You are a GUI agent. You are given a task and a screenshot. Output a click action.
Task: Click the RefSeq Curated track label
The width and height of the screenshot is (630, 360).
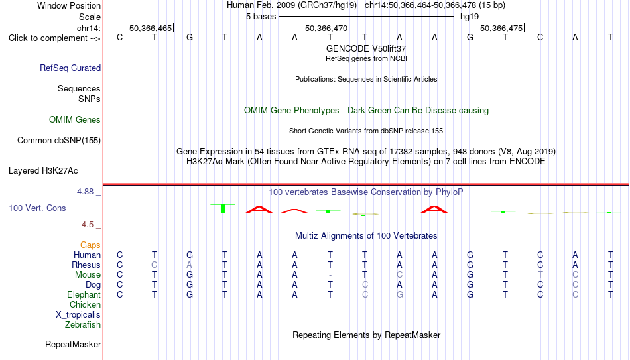(x=70, y=68)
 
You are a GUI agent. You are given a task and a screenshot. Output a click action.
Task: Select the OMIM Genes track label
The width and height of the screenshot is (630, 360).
(x=75, y=120)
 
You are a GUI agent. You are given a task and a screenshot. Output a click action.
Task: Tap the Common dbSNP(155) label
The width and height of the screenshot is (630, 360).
(x=59, y=141)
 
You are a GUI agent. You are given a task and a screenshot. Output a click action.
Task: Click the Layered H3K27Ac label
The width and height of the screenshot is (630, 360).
(x=43, y=171)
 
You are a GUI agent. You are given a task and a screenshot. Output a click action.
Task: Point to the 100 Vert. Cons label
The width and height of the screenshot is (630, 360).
(x=37, y=208)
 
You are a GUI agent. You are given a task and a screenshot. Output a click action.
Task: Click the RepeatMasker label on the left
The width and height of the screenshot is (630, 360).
(x=73, y=344)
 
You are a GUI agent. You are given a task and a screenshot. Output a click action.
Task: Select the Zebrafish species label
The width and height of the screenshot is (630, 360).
(x=83, y=324)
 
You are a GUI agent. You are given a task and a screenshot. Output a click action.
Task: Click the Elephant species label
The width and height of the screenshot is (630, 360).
(x=84, y=294)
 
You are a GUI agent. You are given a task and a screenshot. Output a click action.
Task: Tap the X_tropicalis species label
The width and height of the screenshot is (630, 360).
(x=78, y=315)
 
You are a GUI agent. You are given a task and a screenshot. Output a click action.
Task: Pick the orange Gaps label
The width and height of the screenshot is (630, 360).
(x=90, y=245)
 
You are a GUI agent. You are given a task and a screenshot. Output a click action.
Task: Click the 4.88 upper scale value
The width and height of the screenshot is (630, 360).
(x=85, y=192)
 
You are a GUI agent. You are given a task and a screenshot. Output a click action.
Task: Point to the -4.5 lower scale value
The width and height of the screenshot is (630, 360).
(x=86, y=225)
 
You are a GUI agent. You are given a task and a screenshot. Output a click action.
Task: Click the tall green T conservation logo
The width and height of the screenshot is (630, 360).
(x=223, y=208)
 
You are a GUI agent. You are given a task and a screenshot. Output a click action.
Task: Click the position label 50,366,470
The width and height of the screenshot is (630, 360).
(x=326, y=28)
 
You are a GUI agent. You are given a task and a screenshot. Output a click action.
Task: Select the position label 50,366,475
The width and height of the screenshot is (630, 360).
(x=501, y=28)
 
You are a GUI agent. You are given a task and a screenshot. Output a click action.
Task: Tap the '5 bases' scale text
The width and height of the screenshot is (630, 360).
(x=261, y=17)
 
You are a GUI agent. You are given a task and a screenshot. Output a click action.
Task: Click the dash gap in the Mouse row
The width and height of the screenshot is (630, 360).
(x=330, y=275)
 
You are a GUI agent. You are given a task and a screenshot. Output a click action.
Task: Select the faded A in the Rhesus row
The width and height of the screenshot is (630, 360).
(x=190, y=265)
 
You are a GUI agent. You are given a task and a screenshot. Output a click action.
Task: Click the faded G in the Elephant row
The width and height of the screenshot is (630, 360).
(x=399, y=294)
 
